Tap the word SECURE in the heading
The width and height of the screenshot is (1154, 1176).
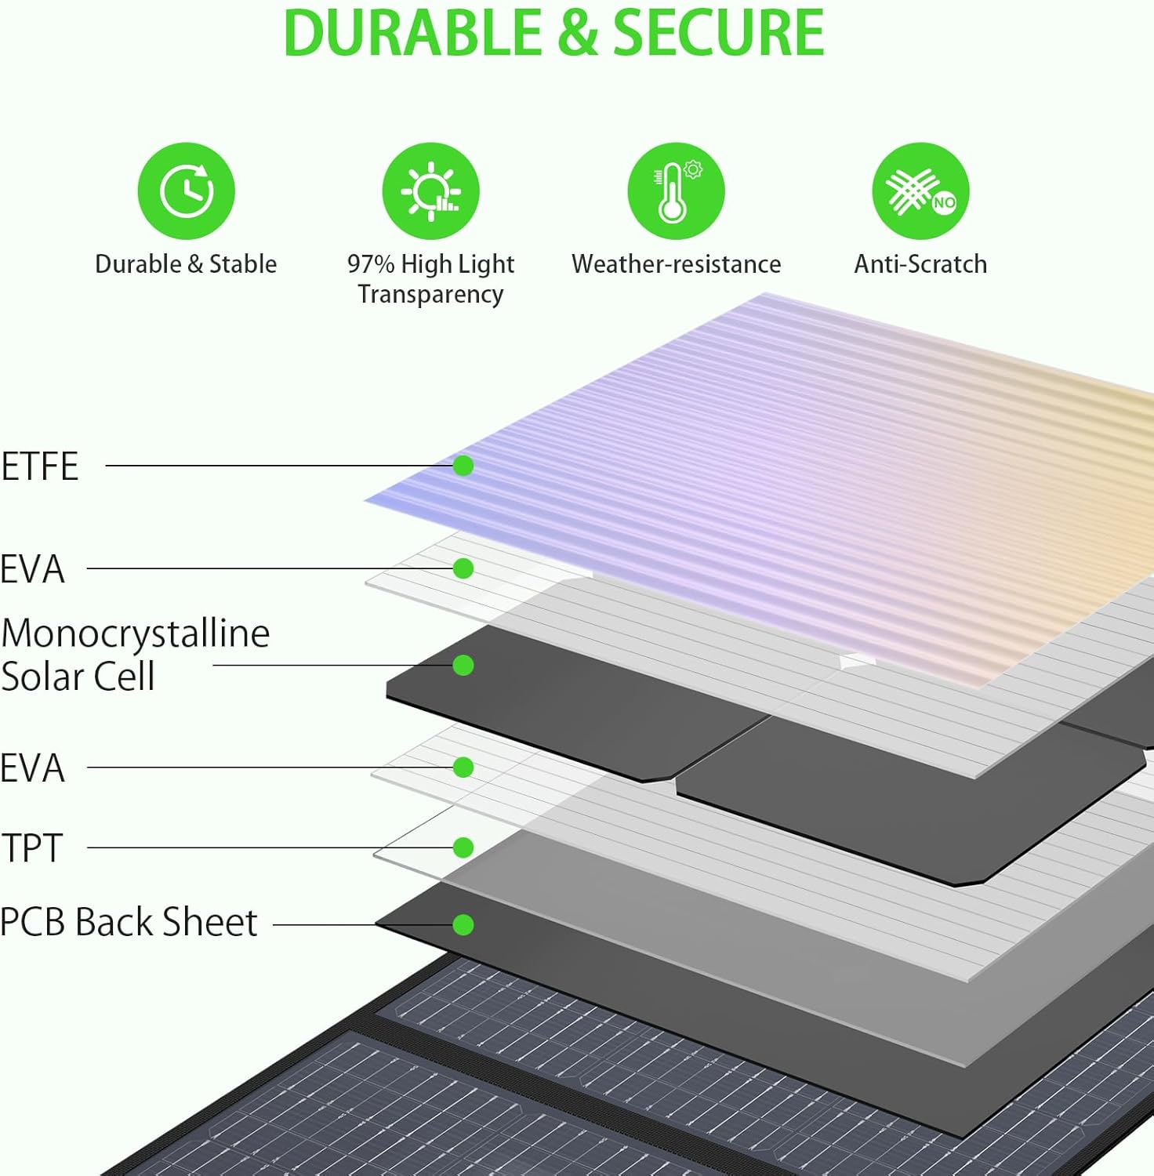click(x=717, y=33)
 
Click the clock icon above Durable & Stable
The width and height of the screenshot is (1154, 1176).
click(x=186, y=191)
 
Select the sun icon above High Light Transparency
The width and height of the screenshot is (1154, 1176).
click(x=430, y=191)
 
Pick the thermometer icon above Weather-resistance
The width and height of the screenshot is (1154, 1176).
click(x=675, y=191)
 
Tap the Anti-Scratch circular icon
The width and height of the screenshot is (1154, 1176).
click(x=920, y=191)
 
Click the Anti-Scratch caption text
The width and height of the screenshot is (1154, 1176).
click(x=920, y=264)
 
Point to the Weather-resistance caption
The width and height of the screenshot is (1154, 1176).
click(x=676, y=264)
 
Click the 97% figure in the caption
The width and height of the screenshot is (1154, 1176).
click(x=371, y=264)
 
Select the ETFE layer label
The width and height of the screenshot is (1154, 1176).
click(x=40, y=466)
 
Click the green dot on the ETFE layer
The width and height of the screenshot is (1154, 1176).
click(x=463, y=466)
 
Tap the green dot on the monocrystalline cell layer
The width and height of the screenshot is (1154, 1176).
click(x=463, y=666)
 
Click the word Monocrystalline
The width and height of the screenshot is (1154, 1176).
click(x=136, y=633)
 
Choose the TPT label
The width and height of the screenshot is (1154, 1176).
click(x=32, y=848)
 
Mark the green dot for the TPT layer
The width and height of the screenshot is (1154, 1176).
click(x=463, y=848)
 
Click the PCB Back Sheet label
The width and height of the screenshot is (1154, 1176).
click(x=129, y=923)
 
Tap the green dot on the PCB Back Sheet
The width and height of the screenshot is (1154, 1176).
click(x=463, y=925)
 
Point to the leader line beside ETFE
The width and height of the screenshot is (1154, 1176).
click(x=274, y=466)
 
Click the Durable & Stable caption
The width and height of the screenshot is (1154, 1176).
click(x=186, y=264)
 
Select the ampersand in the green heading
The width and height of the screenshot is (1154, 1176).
click(x=579, y=33)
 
